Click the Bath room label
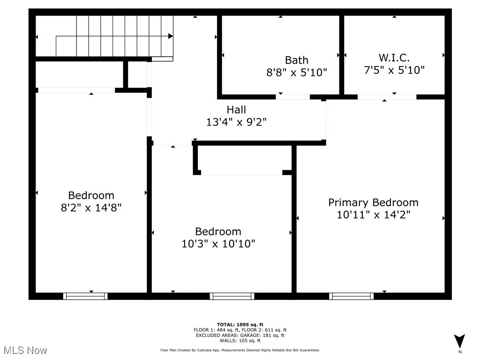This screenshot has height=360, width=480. [x=297, y=60]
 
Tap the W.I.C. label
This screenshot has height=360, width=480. [x=394, y=58]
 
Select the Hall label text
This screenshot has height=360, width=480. [x=236, y=110]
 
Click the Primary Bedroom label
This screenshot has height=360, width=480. [x=373, y=202]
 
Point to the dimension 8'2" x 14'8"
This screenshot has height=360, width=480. [x=91, y=207]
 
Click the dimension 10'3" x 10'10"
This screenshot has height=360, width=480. [x=218, y=244]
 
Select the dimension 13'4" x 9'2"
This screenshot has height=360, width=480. [x=236, y=122]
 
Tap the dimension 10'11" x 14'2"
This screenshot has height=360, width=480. [x=373, y=215]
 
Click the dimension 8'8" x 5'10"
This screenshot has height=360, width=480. [x=297, y=72]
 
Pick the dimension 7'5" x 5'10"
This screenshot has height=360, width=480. [x=394, y=70]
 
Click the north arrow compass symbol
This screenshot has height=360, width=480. [x=460, y=341]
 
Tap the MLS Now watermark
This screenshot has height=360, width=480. [x=25, y=350]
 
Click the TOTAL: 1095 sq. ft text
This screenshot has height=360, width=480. [x=240, y=324]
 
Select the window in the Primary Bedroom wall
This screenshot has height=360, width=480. [x=352, y=296]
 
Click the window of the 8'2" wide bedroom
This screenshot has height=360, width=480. [x=85, y=296]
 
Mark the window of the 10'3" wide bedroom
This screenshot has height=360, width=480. [x=232, y=296]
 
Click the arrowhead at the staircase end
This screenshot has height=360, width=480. [x=171, y=36]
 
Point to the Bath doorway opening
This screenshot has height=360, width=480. [x=292, y=97]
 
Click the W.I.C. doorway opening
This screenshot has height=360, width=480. [x=387, y=97]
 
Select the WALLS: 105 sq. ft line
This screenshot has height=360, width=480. [x=240, y=341]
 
